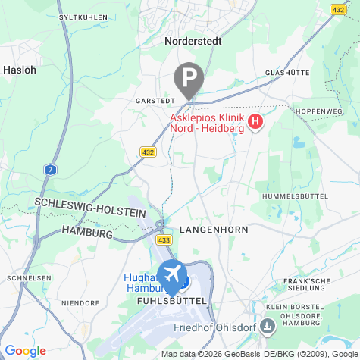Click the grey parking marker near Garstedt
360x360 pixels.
189,78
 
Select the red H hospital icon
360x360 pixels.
255,121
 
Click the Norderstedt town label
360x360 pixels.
193,42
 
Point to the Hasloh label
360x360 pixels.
19,69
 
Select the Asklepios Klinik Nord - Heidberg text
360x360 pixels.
206,123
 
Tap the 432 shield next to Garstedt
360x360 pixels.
149,152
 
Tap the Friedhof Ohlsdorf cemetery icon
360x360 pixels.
266,327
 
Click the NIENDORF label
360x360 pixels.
80,303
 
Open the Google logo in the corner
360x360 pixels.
25,351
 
